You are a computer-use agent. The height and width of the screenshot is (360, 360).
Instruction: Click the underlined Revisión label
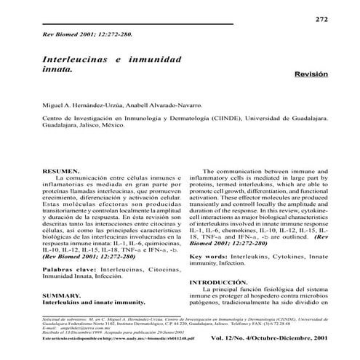click(311, 74)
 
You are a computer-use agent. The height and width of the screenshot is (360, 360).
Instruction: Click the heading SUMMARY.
click(60, 276)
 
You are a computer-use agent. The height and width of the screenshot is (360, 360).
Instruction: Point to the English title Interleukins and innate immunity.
click(94, 282)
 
